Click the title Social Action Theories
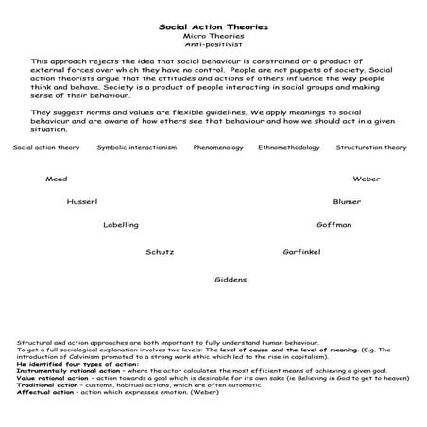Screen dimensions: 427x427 [213, 27]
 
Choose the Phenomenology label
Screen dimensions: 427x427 [218, 148]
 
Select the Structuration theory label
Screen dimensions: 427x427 [371, 148]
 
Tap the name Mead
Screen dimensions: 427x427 [56, 179]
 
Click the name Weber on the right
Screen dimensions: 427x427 [367, 179]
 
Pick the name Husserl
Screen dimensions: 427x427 [82, 202]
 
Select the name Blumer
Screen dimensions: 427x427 [347, 202]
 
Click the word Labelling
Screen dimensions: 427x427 [121, 225]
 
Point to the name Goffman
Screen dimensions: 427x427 [334, 225]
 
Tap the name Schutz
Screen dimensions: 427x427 [160, 252]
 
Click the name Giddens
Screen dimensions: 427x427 [231, 280]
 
